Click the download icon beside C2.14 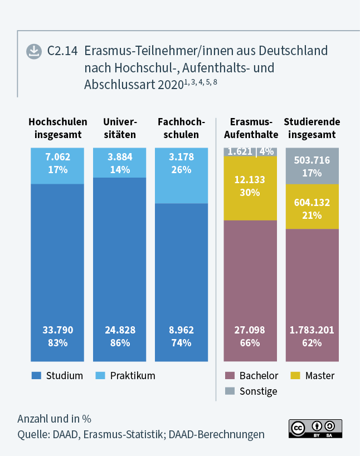tap(34, 51)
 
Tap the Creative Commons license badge tap(315, 428)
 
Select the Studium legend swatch tap(36, 376)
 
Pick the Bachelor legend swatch tap(229, 376)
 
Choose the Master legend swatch tap(295, 376)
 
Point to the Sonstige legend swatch tap(229, 391)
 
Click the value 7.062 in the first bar tap(57, 157)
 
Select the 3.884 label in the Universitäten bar tap(119, 157)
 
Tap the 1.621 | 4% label tap(250, 151)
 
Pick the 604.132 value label tap(312, 203)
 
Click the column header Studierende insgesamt tap(312, 128)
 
